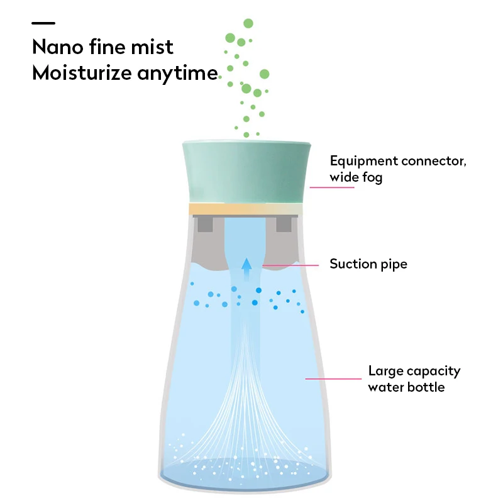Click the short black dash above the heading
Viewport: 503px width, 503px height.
pyautogui.click(x=43, y=23)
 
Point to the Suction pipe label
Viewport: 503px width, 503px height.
pyautogui.click(x=368, y=264)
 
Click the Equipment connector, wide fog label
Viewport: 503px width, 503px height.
pyautogui.click(x=397, y=169)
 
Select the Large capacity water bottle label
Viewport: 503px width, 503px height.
pyautogui.click(x=414, y=379)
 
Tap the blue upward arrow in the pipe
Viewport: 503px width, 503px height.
pyautogui.click(x=247, y=264)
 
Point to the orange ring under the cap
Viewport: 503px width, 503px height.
pyautogui.click(x=246, y=209)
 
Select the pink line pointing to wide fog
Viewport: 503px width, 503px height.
pyautogui.click(x=329, y=187)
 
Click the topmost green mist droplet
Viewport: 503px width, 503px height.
pyautogui.click(x=248, y=23)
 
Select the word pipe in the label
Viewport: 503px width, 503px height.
pyautogui.click(x=393, y=265)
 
